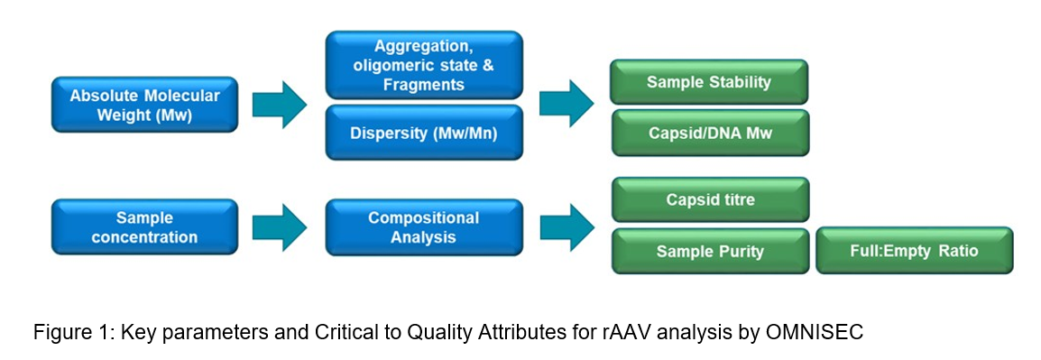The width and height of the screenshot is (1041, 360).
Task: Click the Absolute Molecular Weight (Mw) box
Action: tap(144, 105)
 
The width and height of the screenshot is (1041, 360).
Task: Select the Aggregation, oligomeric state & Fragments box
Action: tap(424, 65)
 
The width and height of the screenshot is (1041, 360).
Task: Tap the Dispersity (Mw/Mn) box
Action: tap(424, 132)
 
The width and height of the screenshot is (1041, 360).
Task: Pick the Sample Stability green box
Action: tap(709, 82)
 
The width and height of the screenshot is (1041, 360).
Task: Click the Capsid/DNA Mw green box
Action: tap(709, 132)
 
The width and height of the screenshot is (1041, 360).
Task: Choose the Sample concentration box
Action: tap(144, 226)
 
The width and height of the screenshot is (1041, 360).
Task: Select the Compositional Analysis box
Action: tap(424, 226)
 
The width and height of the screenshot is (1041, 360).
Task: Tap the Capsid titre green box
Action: tap(710, 199)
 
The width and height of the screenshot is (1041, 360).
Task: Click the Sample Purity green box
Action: tap(710, 251)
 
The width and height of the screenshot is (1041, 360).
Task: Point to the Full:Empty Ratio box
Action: tap(915, 251)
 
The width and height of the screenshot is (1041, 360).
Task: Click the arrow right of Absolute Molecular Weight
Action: tap(280, 105)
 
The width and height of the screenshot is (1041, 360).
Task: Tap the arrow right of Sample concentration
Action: tap(280, 227)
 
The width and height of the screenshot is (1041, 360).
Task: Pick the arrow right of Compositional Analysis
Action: tap(567, 227)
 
